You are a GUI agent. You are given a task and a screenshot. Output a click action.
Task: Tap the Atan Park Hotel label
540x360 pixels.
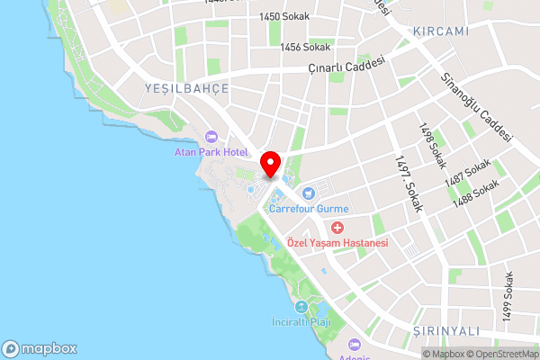(211, 153)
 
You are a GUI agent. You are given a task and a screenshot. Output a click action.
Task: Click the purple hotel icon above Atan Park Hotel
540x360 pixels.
(211, 137)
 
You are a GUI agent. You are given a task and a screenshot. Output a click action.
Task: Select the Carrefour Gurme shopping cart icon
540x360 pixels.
(308, 192)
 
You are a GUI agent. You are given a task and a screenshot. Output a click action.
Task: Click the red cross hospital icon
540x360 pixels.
(337, 228)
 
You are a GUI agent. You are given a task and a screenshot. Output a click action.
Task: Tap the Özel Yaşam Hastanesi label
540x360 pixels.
(337, 243)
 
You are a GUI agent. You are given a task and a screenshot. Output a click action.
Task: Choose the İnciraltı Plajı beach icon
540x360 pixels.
(301, 307)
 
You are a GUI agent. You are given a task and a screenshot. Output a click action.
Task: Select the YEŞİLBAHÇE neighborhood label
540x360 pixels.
(186, 88)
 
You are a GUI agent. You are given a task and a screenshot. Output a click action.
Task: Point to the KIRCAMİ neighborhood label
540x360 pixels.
(441, 31)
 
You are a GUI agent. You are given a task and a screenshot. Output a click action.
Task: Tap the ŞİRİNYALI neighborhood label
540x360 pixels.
(445, 331)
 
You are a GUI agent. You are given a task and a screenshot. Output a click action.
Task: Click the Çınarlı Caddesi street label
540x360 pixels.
(346, 66)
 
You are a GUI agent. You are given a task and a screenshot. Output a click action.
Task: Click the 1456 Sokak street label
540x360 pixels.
(305, 47)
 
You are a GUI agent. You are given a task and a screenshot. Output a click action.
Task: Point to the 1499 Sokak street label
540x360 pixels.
(508, 296)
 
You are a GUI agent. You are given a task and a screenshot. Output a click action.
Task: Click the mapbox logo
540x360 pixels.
(40, 348)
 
